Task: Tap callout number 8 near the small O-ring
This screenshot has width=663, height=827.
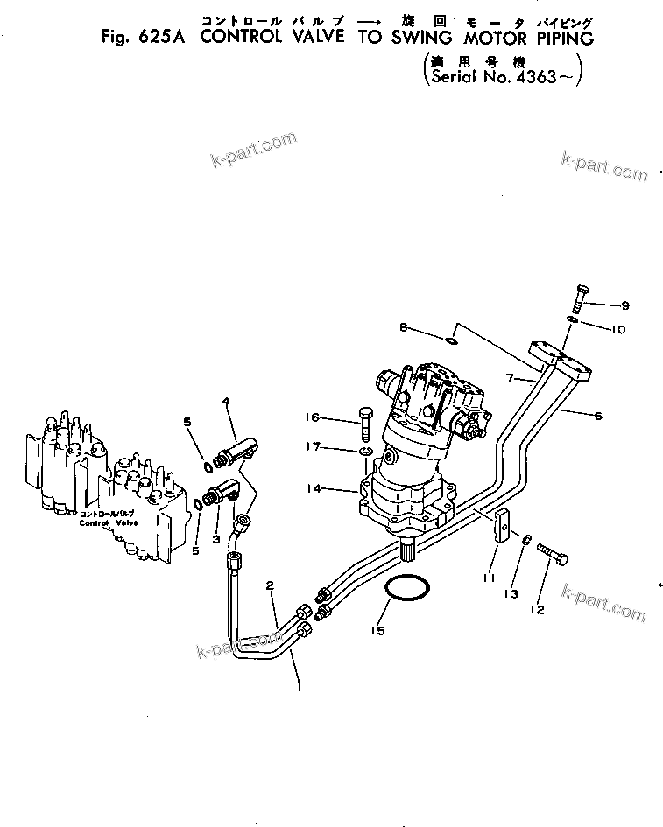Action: (404, 328)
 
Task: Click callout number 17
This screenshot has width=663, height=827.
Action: (337, 449)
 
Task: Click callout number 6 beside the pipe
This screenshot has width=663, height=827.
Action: (598, 417)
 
